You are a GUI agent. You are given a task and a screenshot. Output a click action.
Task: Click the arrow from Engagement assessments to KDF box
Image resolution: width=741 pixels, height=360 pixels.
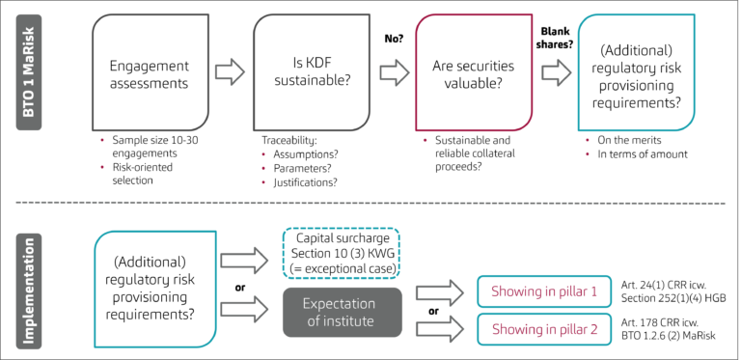(229, 71)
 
